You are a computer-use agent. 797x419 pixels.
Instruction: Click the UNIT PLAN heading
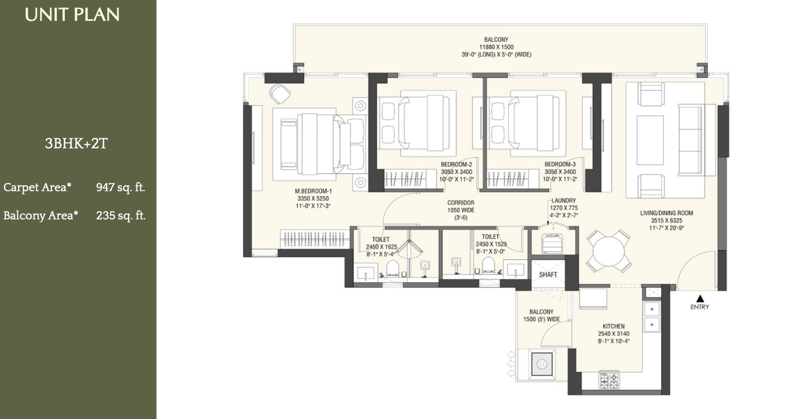coord(72,15)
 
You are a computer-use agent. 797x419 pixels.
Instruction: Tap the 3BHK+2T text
coord(76,143)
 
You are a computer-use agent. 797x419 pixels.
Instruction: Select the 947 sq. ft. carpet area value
coord(121,187)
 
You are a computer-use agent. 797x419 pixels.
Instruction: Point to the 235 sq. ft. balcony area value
coord(121,215)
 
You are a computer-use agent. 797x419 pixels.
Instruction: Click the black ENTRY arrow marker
coord(700,298)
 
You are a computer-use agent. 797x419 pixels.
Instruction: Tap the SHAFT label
coord(548,275)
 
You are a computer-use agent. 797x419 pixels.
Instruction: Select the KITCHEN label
coord(614,326)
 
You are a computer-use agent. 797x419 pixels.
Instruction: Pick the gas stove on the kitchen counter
coord(610,381)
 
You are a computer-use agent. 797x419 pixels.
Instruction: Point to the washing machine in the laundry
coord(552,244)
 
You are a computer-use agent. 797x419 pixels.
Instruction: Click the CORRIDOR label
coord(461,203)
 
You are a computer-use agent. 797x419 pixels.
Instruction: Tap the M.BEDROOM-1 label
coord(313,191)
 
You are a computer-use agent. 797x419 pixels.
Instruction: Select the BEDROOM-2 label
coord(456,164)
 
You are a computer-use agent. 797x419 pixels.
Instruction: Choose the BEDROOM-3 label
coord(560,164)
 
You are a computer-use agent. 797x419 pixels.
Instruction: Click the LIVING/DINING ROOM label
coord(666,213)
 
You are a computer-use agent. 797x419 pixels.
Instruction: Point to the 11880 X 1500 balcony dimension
coord(496,47)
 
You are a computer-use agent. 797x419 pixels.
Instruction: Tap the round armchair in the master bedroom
coord(280,94)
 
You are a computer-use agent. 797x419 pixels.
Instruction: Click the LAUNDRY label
coord(563,201)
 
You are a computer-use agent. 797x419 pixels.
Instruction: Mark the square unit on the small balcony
coord(542,364)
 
